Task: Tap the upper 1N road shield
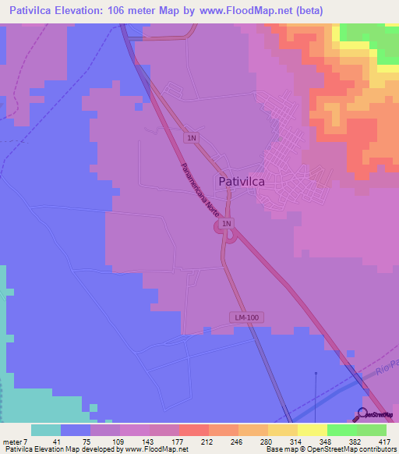[191, 138]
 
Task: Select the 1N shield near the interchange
[226, 225]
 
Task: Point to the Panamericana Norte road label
[196, 193]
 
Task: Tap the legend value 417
[385, 440]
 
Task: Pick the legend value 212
[207, 440]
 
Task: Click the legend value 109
[118, 440]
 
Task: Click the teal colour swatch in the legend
[46, 430]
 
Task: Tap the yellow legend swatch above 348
[312, 430]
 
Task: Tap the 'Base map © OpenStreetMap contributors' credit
[328, 449]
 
